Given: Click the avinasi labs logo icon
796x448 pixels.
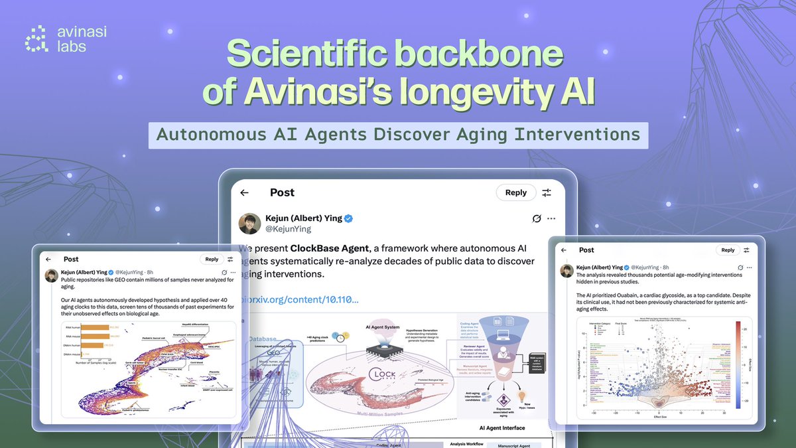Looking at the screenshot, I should coord(36,38).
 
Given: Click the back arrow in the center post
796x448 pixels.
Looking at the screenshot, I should coord(244,192).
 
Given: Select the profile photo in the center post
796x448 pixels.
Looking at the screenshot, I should coord(249,223).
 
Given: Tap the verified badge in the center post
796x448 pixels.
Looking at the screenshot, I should coord(348,218).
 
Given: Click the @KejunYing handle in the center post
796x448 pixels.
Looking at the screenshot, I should coord(289,229).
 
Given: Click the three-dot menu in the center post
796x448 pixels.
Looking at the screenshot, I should coord(551,218).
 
